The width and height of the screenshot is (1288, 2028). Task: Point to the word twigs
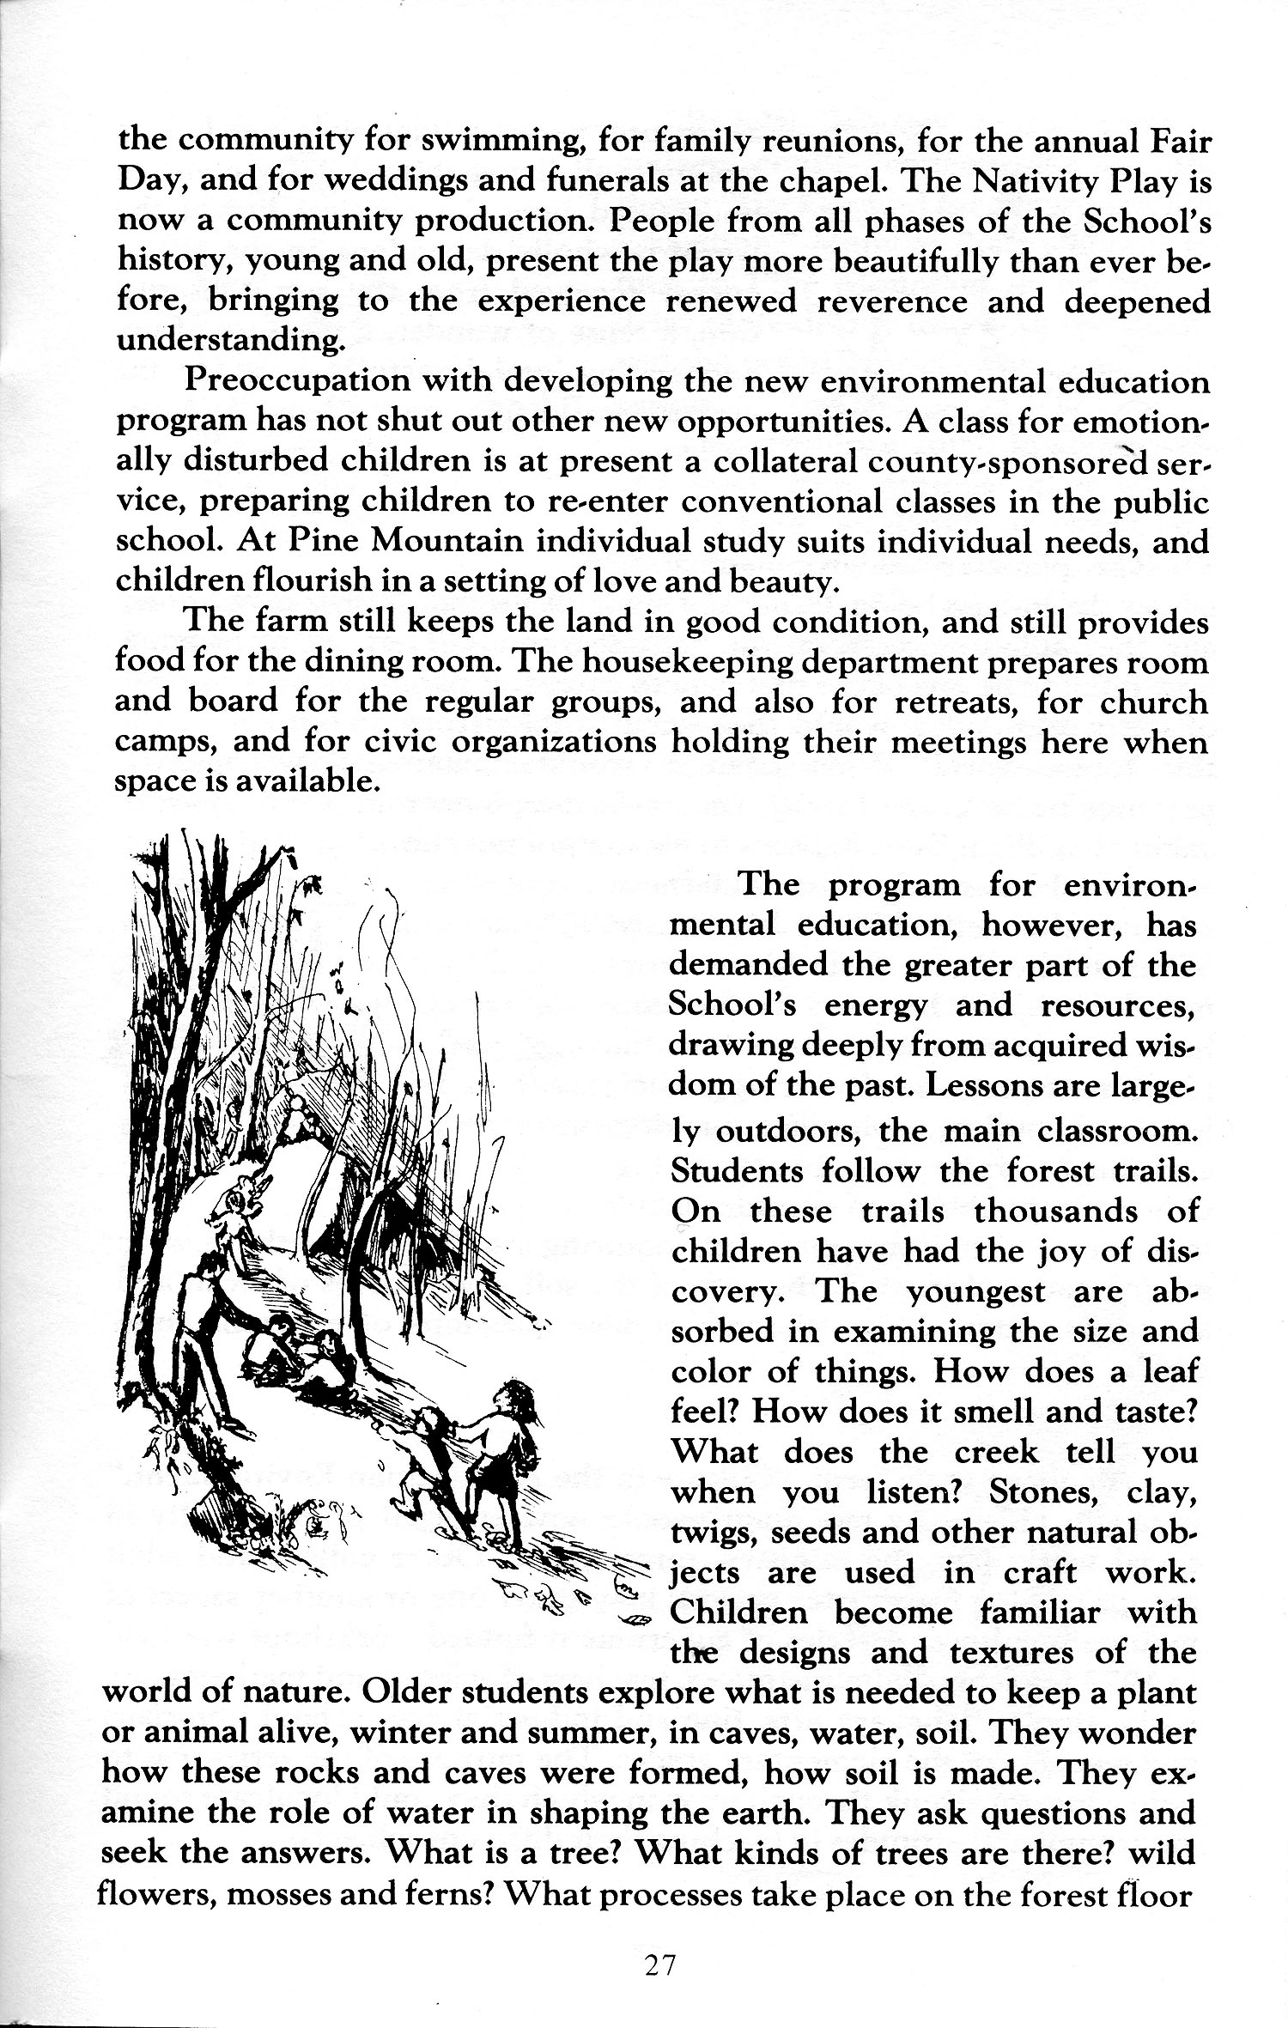[x=709, y=1533]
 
